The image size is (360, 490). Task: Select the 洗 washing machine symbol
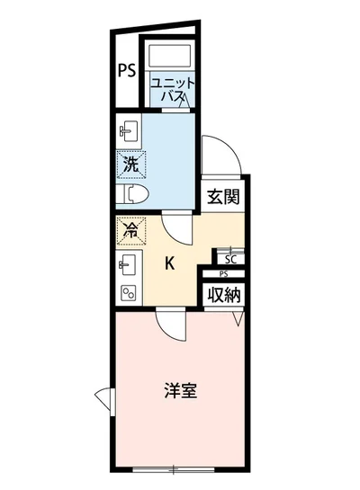click(x=130, y=165)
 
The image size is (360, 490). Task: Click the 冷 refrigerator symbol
click(x=129, y=229)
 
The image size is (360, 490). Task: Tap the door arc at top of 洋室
click(x=170, y=325)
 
